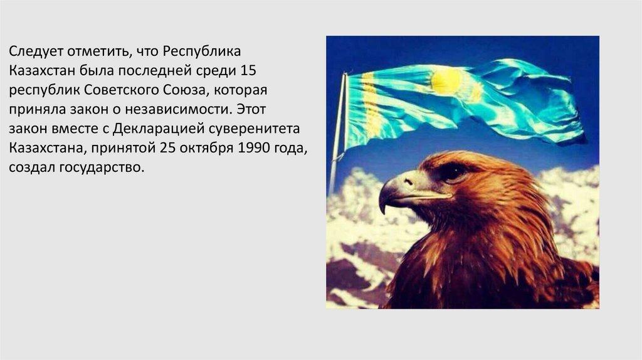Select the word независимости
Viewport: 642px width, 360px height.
[185, 109]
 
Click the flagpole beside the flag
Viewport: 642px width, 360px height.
[337, 138]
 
